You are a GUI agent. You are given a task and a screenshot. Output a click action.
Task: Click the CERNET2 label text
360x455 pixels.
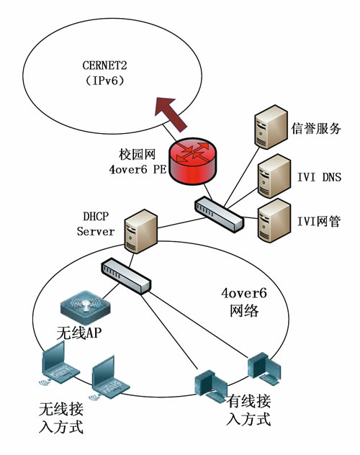[x=104, y=66]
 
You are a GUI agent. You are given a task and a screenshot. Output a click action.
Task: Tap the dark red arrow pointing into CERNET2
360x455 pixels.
[x=171, y=114]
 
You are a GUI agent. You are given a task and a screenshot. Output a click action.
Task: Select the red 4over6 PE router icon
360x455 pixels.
[x=193, y=161]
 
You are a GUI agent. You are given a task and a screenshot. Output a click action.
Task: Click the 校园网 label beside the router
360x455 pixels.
[x=138, y=154]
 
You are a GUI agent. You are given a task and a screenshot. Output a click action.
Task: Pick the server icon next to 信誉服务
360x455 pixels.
[x=271, y=127]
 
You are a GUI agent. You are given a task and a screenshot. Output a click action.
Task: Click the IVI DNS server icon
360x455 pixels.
[x=274, y=176]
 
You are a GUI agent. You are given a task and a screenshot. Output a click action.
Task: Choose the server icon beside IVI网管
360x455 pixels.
[x=274, y=220]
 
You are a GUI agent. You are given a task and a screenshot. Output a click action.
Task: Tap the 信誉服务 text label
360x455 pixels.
[x=316, y=128]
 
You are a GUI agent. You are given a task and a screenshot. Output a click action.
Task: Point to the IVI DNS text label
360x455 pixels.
[x=319, y=177]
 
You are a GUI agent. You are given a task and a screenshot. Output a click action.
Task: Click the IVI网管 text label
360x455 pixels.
[x=319, y=222]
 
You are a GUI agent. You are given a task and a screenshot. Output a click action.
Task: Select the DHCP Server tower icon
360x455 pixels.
[x=140, y=231]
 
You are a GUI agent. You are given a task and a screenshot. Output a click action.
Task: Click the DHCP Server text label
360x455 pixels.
[x=96, y=224]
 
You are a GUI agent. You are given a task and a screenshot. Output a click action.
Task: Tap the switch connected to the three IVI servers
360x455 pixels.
[x=219, y=214]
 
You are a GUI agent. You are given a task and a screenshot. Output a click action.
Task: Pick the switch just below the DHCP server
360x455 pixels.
[x=126, y=276]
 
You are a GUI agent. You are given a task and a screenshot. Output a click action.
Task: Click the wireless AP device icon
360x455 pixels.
[x=86, y=307]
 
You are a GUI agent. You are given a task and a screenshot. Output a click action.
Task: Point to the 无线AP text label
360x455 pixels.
[x=79, y=333]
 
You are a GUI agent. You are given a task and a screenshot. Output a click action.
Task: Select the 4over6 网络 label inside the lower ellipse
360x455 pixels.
[x=244, y=302]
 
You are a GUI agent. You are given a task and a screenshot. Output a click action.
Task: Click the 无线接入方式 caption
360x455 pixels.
[x=61, y=418]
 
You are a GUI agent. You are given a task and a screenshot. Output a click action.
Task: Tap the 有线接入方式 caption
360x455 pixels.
[x=248, y=410]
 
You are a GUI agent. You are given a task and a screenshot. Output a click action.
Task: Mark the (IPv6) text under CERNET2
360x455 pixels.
[x=104, y=80]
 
